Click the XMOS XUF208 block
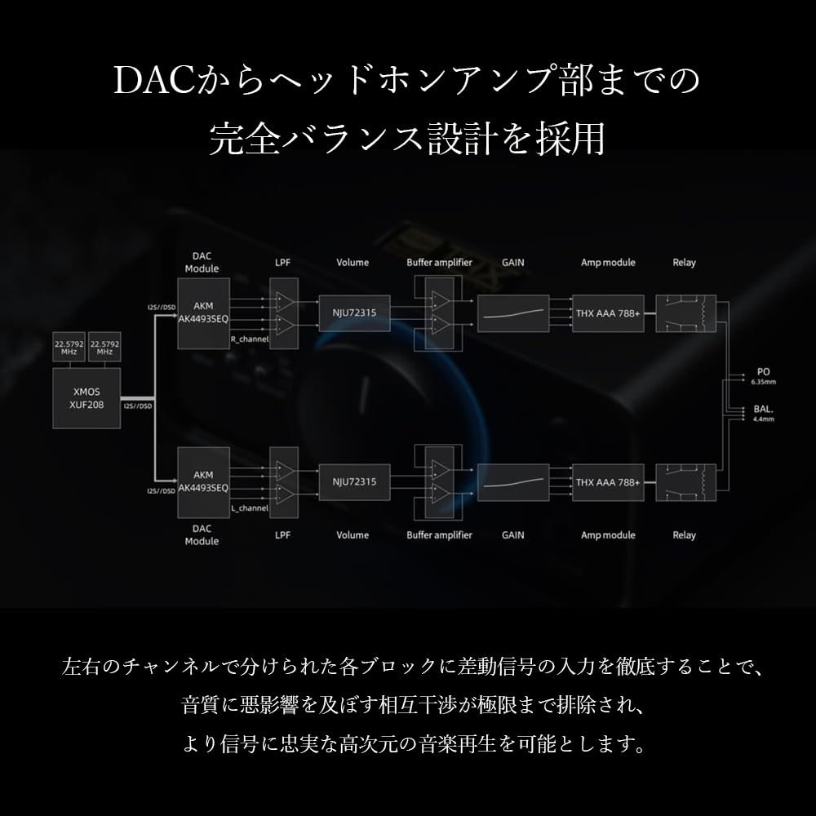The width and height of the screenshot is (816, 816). pyautogui.click(x=86, y=398)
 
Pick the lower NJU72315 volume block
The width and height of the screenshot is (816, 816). pyautogui.click(x=354, y=481)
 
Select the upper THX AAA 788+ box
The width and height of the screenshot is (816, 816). pyautogui.click(x=608, y=313)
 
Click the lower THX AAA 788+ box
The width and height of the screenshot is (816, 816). pyautogui.click(x=608, y=481)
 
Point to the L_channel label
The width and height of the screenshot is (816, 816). pyautogui.click(x=250, y=508)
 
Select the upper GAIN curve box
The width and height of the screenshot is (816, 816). pyautogui.click(x=512, y=313)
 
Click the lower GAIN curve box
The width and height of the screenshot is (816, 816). pyautogui.click(x=512, y=481)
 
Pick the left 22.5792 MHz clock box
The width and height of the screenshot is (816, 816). pyautogui.click(x=68, y=347)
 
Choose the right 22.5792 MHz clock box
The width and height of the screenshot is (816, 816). pyautogui.click(x=104, y=347)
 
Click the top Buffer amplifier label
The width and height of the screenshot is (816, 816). pyautogui.click(x=439, y=263)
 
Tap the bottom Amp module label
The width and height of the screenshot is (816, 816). pyautogui.click(x=608, y=535)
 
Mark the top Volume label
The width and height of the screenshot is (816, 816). pyautogui.click(x=353, y=263)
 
